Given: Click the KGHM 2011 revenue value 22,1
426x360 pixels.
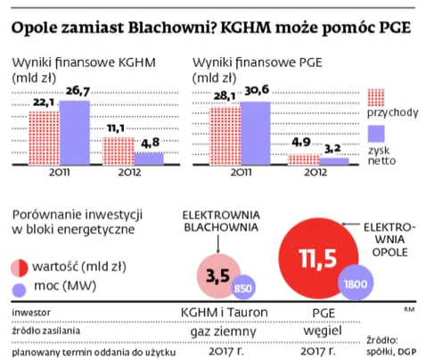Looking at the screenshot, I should tap(45, 104).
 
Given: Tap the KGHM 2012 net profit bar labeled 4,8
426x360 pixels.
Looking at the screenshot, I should tap(149, 159).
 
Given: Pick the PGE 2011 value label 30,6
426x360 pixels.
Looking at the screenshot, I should tap(256, 94).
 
